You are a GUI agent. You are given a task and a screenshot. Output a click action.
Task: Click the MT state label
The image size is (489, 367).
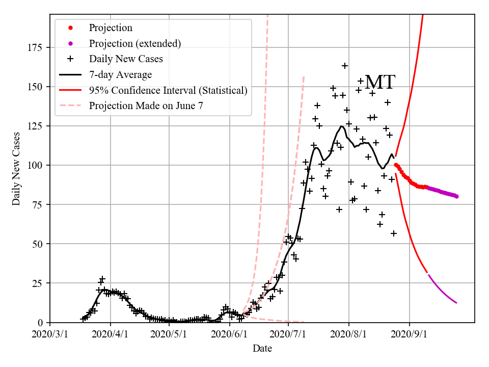380,83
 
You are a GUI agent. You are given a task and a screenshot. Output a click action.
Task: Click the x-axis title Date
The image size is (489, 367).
262,349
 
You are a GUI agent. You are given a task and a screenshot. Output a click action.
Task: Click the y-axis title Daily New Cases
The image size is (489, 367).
16,169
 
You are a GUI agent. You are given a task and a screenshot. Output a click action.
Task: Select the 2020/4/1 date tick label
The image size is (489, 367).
110,335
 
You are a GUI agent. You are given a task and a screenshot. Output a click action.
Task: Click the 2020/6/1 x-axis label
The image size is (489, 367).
229,335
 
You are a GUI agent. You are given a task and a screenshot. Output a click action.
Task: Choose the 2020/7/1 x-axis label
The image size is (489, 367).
288,335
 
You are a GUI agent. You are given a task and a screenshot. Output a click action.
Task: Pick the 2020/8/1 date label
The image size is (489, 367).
348,335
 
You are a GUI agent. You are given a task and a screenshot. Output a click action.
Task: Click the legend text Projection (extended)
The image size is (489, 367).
135,43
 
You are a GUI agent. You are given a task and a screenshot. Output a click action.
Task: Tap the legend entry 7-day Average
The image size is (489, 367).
120,75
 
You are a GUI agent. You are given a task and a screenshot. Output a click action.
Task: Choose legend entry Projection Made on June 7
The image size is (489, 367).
148,106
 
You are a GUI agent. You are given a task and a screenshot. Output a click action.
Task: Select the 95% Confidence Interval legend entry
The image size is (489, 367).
168,91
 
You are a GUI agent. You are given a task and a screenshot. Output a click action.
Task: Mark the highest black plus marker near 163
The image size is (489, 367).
345,66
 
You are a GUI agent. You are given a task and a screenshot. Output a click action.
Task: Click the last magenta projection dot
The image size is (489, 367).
456,196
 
